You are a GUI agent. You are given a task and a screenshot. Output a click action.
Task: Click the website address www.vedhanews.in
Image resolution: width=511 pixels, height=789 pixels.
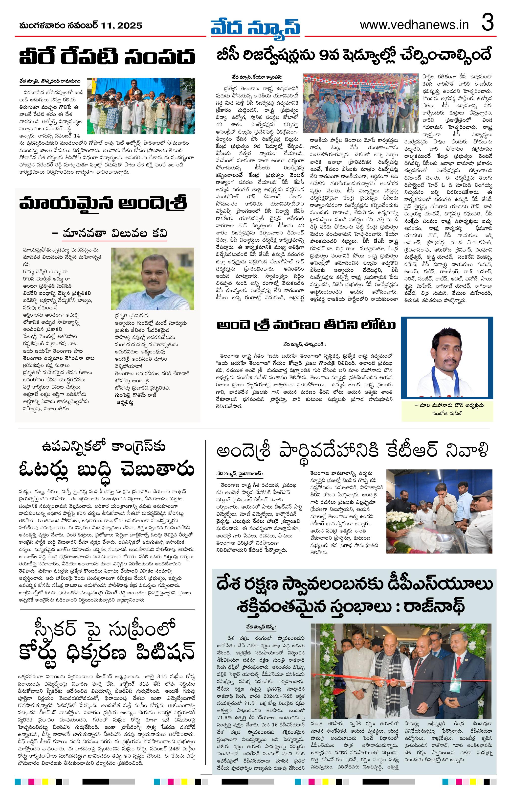tap(414, 25)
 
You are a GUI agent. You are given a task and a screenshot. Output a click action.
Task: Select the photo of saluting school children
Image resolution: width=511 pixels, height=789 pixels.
tap(141, 106)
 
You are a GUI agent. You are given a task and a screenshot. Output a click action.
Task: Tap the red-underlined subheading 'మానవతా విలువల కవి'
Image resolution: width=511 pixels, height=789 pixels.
tap(114, 233)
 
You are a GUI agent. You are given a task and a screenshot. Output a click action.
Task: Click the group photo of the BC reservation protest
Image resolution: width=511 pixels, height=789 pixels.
tap(360, 103)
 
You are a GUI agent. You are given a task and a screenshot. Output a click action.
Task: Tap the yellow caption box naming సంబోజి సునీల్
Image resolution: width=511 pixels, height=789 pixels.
tap(447, 410)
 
